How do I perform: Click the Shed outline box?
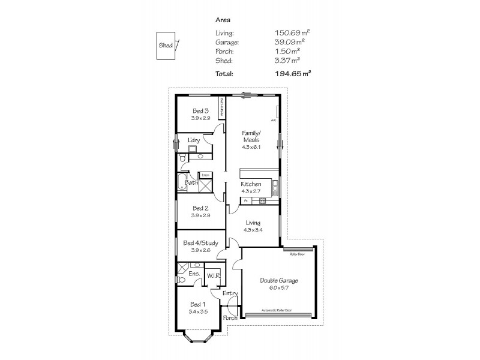(x=165, y=46)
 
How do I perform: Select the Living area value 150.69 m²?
(x=292, y=34)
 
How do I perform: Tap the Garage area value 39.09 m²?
(x=292, y=43)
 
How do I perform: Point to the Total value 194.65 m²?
(x=292, y=74)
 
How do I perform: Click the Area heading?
(x=223, y=20)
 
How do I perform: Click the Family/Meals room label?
(x=251, y=136)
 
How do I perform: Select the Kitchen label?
(x=251, y=184)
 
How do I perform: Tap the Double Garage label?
(x=278, y=280)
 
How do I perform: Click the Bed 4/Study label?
(x=200, y=243)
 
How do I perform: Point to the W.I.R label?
(x=214, y=275)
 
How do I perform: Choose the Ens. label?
(x=194, y=274)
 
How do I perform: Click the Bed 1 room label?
(x=198, y=305)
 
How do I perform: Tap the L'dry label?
(x=193, y=140)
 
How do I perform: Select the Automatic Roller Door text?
(x=277, y=311)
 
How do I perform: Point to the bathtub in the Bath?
(x=182, y=183)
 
